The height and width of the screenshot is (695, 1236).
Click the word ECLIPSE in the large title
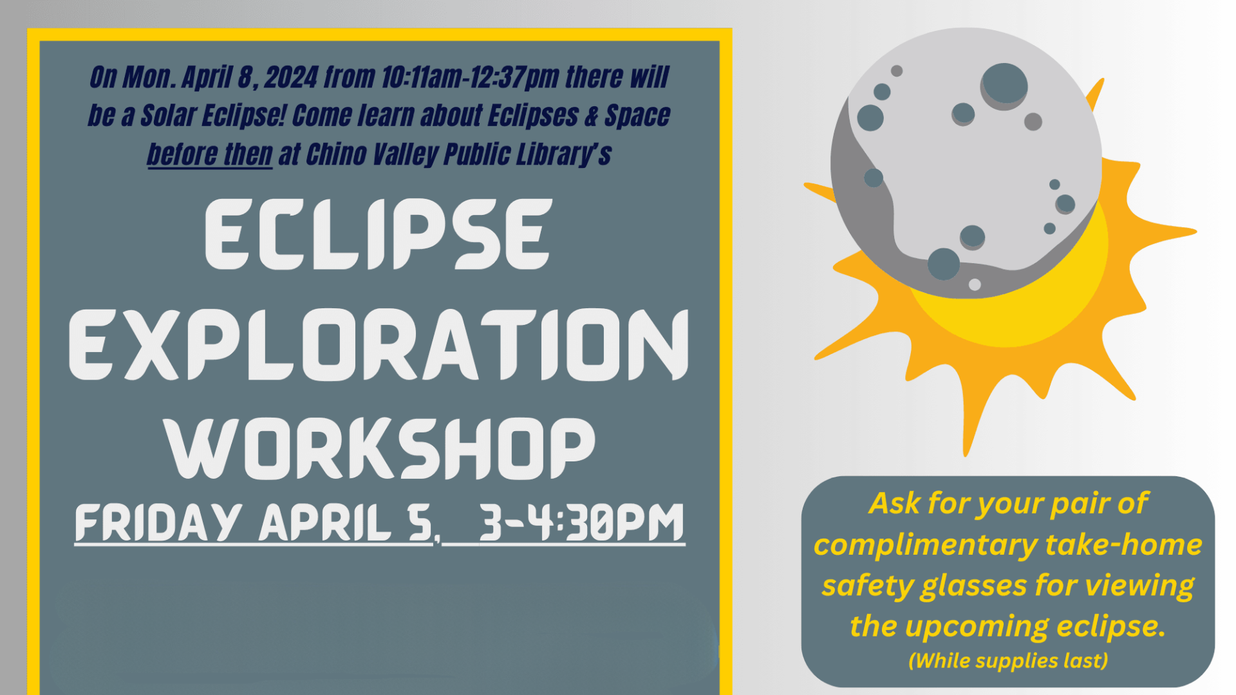coord(379,234)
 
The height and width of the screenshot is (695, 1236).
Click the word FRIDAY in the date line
coord(158,523)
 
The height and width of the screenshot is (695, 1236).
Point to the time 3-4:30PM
coord(581,523)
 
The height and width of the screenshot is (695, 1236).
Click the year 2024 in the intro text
coord(291,77)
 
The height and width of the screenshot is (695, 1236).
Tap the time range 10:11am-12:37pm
coord(470,77)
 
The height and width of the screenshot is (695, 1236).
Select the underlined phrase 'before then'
coord(210,154)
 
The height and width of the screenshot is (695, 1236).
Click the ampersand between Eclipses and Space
coord(591,116)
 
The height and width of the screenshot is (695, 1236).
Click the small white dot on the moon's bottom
coord(975,284)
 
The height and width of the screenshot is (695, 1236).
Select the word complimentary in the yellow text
coord(925,545)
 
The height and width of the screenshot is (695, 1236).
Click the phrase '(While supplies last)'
coord(1008,660)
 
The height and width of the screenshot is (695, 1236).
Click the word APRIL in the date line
coord(325,523)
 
